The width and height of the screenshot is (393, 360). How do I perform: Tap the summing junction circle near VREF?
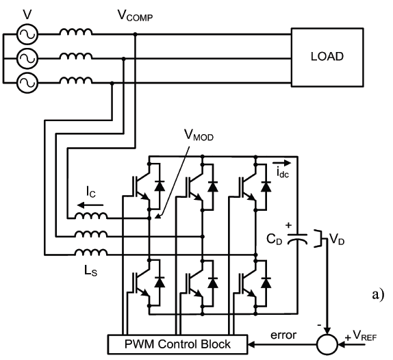pos(327,344)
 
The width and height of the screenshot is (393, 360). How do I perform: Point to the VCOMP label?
pos(135,16)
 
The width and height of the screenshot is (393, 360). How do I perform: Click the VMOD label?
pos(199,136)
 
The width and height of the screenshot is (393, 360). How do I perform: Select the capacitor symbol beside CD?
pos(297,238)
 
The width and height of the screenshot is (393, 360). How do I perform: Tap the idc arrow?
pos(281,164)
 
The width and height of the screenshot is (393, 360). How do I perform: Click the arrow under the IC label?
pos(90,205)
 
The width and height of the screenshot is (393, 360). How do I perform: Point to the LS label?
pos(90,271)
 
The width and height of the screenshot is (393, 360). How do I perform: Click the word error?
pos(283,335)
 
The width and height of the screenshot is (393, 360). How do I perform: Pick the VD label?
pos(337,239)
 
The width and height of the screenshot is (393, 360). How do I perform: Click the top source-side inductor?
pos(76,31)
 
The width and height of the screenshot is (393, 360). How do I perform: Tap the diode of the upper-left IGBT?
pos(160,186)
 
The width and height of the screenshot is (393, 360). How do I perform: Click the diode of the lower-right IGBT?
pos(266,283)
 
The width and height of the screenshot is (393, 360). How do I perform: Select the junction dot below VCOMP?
pos(136,34)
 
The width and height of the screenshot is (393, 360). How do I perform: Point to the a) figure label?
pos(378,294)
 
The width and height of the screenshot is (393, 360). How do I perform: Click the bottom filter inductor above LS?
pos(91,253)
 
